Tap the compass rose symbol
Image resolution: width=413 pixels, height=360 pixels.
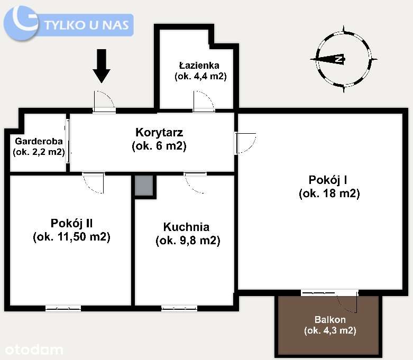point(343,59)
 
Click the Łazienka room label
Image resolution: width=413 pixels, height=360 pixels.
point(200,71)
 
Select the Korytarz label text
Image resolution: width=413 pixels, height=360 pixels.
point(159,139)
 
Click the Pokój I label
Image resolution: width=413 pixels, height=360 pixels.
point(329,186)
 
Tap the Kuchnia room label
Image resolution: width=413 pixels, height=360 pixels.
point(187,234)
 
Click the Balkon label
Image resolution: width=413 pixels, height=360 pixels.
point(330,325)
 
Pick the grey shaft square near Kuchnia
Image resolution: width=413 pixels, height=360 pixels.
point(144,186)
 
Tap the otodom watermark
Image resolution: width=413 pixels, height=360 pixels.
point(34,349)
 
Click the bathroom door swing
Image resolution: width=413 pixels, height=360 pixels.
point(204,101)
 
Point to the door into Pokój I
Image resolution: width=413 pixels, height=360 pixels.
point(246,143)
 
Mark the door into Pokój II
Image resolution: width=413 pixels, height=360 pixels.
point(94,183)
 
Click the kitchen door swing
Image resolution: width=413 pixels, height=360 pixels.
point(195,183)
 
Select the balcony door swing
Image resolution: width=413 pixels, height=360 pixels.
point(347,301)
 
